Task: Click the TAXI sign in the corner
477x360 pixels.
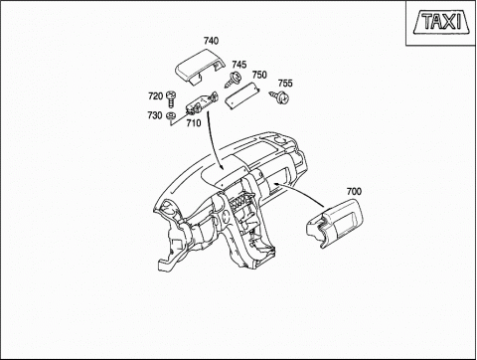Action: (441, 22)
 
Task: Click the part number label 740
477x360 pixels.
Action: (211, 41)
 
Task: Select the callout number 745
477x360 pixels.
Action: (239, 65)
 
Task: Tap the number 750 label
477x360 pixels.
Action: (259, 75)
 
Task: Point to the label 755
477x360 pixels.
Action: (285, 83)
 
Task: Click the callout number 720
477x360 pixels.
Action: (155, 96)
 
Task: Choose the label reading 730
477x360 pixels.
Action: (155, 115)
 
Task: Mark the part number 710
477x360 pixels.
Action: (194, 123)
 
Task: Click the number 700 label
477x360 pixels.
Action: (354, 191)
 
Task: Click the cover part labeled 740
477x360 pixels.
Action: (199, 66)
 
